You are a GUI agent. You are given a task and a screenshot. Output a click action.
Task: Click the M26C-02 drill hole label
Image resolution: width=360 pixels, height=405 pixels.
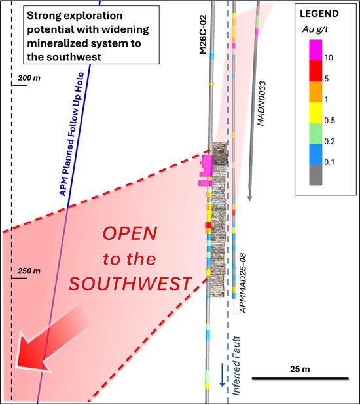click(x=204, y=35)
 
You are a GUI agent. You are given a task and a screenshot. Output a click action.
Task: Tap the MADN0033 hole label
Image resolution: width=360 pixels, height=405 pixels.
click(x=261, y=104)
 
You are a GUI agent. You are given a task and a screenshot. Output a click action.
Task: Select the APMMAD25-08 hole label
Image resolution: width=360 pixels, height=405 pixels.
click(x=243, y=283)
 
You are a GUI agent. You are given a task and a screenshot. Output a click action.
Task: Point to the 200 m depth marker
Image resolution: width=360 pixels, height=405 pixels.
click(x=29, y=77)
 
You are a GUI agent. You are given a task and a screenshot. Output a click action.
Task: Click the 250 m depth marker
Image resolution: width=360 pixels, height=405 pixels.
click(x=29, y=271)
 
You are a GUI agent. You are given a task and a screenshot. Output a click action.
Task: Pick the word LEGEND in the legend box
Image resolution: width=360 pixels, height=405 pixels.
click(x=319, y=14)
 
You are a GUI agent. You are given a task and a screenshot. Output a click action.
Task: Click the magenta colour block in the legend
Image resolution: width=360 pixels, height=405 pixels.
click(x=315, y=50)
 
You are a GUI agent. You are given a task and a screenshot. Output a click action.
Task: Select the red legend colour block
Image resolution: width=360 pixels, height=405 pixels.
click(x=315, y=71)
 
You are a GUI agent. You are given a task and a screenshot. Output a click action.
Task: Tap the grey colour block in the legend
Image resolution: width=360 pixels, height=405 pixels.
click(x=315, y=175)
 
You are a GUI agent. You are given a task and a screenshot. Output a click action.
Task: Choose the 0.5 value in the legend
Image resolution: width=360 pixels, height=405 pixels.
click(x=329, y=121)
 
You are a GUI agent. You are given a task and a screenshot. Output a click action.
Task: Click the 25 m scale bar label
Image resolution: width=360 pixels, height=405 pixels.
click(x=300, y=369)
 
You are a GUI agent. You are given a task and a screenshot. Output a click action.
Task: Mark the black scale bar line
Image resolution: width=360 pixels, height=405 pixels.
click(x=300, y=379)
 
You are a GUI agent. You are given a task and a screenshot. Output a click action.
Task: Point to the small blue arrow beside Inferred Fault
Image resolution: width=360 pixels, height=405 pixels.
click(x=222, y=375)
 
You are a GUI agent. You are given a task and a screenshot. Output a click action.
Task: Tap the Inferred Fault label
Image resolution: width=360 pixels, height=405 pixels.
click(x=236, y=366)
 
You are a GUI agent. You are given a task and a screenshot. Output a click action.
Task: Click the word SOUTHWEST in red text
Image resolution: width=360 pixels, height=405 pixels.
click(x=130, y=284)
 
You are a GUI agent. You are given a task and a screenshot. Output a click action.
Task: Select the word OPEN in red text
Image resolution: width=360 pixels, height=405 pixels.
click(x=130, y=233)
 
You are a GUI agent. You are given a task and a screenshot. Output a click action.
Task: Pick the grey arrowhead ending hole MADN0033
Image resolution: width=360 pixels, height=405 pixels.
click(x=249, y=197)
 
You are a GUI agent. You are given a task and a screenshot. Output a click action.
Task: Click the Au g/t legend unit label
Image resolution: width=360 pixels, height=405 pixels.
click(x=315, y=29)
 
